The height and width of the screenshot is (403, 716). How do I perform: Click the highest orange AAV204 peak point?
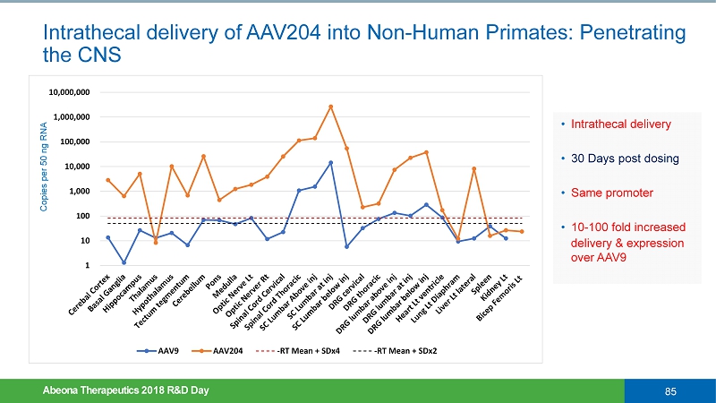[331, 107]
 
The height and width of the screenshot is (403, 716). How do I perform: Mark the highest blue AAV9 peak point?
[331, 162]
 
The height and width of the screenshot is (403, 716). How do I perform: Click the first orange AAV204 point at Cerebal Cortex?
[108, 180]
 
